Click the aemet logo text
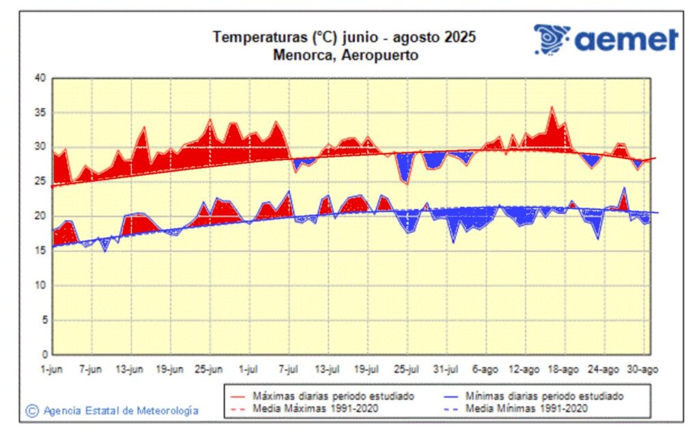coord(626,39)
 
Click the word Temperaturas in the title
coord(252,37)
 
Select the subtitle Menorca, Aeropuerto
coord(345,55)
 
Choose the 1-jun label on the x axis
coord(53,370)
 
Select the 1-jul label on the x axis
coord(248,370)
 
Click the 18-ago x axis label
coord(563,370)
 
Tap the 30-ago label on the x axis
coord(642,370)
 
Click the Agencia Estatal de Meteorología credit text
coord(121,411)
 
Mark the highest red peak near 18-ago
coord(552,107)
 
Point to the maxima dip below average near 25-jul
coord(407,183)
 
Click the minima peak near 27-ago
coord(624,188)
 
